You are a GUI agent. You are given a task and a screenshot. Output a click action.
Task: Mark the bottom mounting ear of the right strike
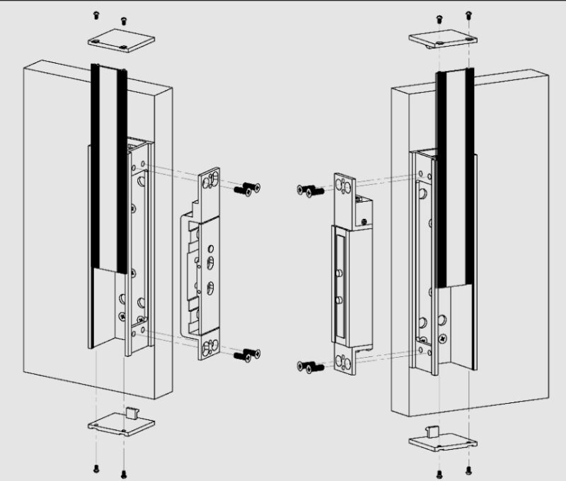(x=345, y=363)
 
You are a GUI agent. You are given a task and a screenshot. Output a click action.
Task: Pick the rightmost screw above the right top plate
(x=468, y=13)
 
